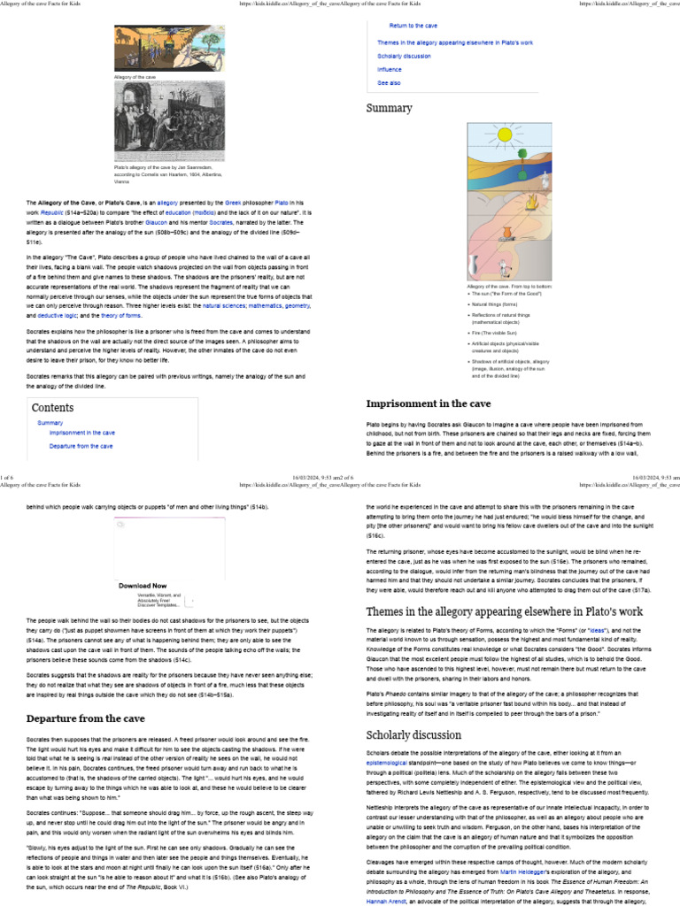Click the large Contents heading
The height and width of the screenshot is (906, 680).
[x=53, y=408]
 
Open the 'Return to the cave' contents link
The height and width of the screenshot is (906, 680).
[x=413, y=26]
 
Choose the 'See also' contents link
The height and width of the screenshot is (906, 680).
[x=389, y=82]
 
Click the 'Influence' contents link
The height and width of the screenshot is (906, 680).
[x=390, y=69]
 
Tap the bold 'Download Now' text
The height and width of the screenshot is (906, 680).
[x=143, y=586]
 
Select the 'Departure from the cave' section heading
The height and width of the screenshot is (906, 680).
[x=86, y=718]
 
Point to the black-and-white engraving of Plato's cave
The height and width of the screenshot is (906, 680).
[x=158, y=123]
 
